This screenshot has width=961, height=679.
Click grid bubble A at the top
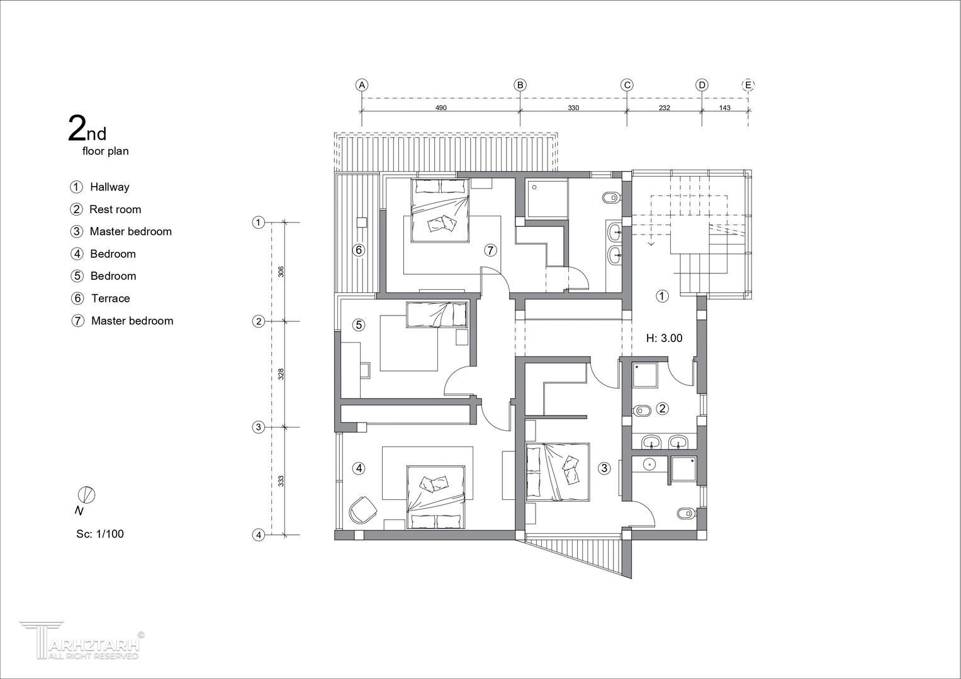pos(362,85)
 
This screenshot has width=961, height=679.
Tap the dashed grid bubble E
pos(748,85)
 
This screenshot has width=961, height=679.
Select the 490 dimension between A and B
pos(441,108)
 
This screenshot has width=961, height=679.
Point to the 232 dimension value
pos(664,108)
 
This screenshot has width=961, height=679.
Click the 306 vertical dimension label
pos(281,272)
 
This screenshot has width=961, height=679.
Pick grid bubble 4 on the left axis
pos(258,535)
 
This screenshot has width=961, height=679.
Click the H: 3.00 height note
pos(664,338)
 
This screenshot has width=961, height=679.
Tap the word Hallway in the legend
pos(110,187)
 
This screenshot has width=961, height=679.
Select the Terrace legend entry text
pos(110,299)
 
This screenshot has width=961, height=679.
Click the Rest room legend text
pos(115,209)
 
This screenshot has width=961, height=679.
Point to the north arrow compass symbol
pos(87,495)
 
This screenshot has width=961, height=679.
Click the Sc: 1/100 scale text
pos(100,534)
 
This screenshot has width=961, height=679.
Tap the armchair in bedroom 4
pos(363,510)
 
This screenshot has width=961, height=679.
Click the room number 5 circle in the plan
pos(359,325)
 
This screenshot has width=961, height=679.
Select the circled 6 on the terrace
pos(359,250)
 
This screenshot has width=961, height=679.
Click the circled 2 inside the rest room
pos(663,408)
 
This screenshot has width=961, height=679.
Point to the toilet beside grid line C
pos(611,198)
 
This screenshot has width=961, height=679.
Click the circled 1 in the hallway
pos(662,295)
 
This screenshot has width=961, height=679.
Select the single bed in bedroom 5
pos(437,315)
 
